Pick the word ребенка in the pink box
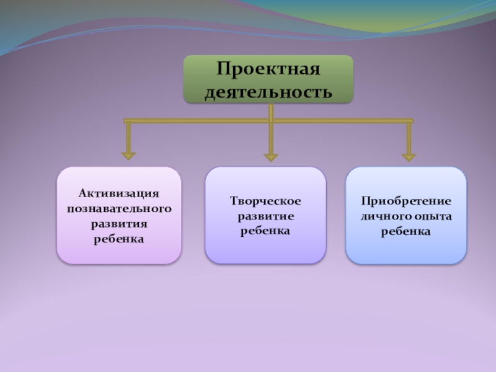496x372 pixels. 119,238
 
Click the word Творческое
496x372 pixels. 265,201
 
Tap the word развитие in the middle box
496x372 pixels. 265,216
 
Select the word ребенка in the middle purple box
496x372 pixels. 265,231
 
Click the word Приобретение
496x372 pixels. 406,201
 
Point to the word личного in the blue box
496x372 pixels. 383,216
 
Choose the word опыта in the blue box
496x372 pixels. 430,216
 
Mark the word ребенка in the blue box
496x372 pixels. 406,231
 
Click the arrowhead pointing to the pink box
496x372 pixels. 129,153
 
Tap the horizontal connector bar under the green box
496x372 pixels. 198,120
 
